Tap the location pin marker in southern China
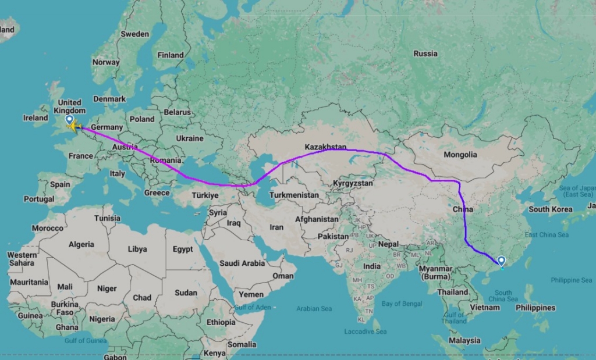coord(502,262)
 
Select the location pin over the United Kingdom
coord(69,119)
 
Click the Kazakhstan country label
coord(325,148)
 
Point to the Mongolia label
coord(460,155)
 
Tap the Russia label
coord(425,54)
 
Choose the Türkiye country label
coord(206,195)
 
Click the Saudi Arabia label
coord(242,263)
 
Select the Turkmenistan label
coord(295,195)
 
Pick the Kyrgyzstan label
coord(353,183)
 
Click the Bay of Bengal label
coord(402,304)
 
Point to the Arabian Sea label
coord(314,309)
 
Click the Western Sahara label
coord(22,259)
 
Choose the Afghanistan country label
coord(317,219)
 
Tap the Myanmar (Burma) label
coord(436,272)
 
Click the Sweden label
coord(135,34)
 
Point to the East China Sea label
coord(547,234)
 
